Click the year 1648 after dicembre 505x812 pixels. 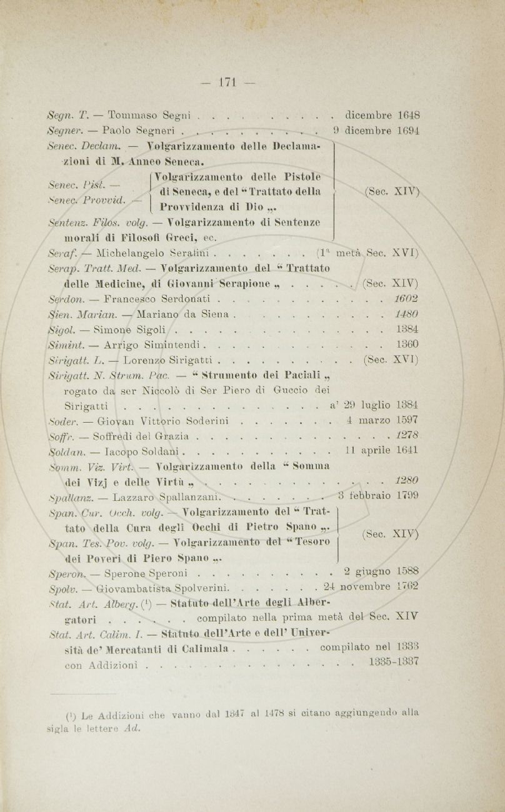tap(407, 116)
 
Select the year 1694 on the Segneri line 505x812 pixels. tap(407, 132)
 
